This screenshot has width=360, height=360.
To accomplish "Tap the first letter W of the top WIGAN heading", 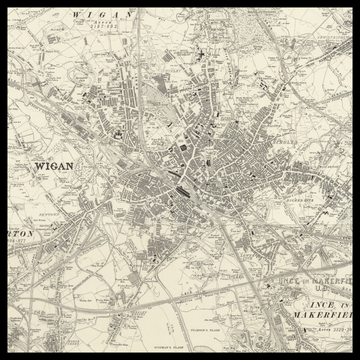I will tap(76, 16).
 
